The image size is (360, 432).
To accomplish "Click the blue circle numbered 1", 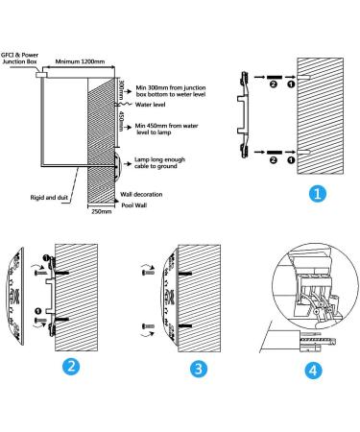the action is click(x=318, y=194).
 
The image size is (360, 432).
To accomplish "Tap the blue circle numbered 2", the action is click(x=71, y=366).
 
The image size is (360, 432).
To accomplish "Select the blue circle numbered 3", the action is click(x=199, y=369).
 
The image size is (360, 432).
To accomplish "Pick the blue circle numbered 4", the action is click(x=313, y=371).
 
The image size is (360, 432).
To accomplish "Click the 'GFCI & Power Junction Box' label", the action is click(x=20, y=59).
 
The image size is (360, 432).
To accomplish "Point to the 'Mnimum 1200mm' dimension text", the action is click(x=80, y=61).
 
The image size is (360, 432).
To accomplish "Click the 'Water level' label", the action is click(x=151, y=105).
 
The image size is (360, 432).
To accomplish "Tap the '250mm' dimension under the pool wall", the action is click(x=102, y=211).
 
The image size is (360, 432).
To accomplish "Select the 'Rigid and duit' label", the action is click(x=49, y=198).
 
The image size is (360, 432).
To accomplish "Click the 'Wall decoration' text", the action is click(x=141, y=194).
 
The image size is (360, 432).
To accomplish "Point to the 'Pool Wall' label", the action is click(x=134, y=205).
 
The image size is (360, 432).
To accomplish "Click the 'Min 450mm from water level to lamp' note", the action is click(x=166, y=129).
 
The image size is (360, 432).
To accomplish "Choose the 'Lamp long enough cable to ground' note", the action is click(x=159, y=163).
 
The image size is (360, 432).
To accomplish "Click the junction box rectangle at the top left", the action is click(x=42, y=75).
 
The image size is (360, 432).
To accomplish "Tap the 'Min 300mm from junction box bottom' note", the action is click(x=171, y=91).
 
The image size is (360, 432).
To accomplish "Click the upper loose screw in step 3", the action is click(x=148, y=273).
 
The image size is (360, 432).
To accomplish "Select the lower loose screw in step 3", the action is click(x=148, y=326).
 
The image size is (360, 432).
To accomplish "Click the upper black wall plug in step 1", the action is click(x=274, y=77).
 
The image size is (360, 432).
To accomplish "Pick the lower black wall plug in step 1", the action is click(x=274, y=152).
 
